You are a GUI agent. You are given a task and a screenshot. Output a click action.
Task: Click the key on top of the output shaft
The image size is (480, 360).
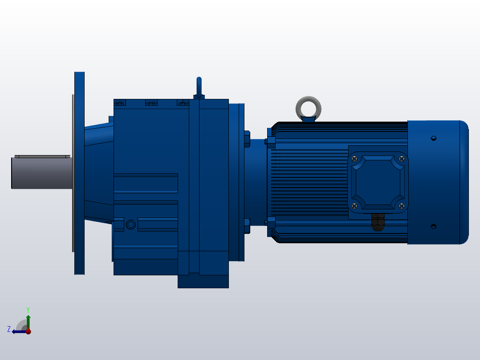pos(42,156)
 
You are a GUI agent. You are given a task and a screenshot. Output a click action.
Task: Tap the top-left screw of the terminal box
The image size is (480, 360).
pos(354,158)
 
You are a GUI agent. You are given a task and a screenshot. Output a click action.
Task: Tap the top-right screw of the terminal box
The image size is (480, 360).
pos(402,158)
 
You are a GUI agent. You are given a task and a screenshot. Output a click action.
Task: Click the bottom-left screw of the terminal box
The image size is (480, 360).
pos(354,205)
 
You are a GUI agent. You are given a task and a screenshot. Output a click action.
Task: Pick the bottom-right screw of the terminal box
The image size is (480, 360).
pos(402,205)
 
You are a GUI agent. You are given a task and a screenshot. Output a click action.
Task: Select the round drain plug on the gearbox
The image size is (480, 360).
pos(130,224)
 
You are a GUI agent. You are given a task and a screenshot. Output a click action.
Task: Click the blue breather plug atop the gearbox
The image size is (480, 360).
pos(199,86)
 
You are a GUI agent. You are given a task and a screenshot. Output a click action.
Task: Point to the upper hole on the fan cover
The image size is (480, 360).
pos(434,138)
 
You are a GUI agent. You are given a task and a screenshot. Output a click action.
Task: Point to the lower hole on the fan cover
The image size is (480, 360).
pos(434,226)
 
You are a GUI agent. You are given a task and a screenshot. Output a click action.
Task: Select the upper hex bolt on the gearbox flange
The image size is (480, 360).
pos(247,139)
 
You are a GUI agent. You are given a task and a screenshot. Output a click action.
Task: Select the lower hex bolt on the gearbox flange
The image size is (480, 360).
pos(247,225)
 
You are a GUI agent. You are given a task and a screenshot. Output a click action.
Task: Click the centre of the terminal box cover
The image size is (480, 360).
pos(378,182)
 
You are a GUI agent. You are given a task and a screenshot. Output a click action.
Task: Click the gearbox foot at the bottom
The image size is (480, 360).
pos(203,281)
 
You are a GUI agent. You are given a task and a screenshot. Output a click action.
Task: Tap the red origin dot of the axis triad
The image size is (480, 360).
pos(28,331)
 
